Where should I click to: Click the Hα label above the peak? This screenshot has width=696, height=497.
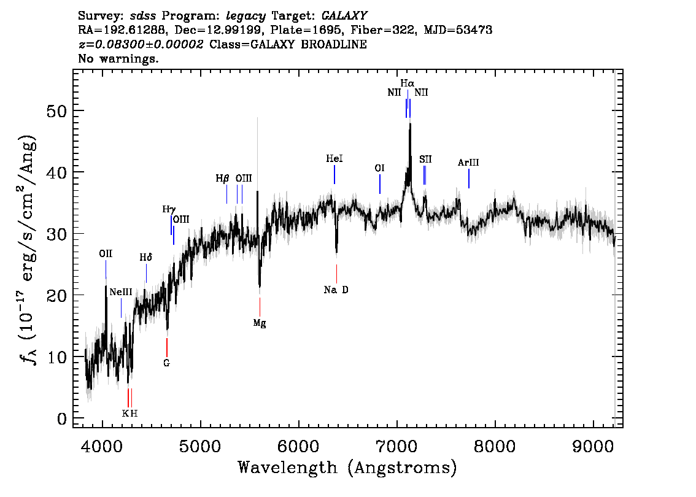pos(407,83)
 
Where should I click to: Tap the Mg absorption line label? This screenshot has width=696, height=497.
pos(260,323)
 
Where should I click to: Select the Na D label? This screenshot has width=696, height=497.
pos(336,290)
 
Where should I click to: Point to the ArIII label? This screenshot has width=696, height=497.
pos(468,163)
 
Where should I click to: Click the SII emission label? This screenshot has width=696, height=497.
pos(425,159)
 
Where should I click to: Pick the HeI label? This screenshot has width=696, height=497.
pos(334,158)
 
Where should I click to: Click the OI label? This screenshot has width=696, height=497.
pos(379,168)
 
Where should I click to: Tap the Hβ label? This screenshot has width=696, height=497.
pos(222,179)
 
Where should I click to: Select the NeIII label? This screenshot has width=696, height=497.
pos(121,292)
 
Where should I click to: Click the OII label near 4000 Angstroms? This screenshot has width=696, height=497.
pos(106,253)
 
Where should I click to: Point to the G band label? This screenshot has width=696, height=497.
pos(166,363)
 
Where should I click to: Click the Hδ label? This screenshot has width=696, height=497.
pos(146,257)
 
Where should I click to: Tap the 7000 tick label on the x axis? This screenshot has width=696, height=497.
pos(396,446)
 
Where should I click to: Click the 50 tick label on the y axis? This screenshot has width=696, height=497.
pos(56,111)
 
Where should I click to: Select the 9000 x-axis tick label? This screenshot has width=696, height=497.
pos(592,446)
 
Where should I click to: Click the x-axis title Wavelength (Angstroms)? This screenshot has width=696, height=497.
pos(347,468)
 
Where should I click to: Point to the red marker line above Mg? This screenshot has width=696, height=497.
pos(260,307)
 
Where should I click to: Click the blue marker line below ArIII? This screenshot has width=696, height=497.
pos(469,179)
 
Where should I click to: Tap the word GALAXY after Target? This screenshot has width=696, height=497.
pos(344,15)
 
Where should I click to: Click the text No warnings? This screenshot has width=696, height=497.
pos(118,58)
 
